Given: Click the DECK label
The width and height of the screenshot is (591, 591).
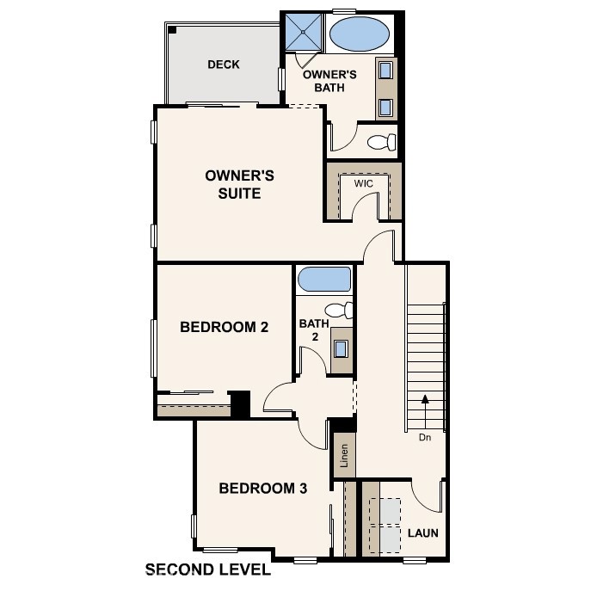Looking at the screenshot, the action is click(x=224, y=65).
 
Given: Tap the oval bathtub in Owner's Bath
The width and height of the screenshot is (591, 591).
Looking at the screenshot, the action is click(x=360, y=34).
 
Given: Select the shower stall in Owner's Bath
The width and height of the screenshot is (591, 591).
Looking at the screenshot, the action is click(x=304, y=32).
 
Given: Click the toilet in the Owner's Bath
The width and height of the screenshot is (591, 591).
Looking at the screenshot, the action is click(x=382, y=142).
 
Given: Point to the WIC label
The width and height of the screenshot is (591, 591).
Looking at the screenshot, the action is click(x=363, y=183).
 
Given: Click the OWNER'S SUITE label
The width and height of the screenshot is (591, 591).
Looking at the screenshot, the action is click(x=240, y=184).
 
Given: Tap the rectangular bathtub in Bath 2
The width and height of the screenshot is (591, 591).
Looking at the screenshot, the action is click(x=324, y=280).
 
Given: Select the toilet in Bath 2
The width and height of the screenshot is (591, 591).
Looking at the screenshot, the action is click(x=339, y=311).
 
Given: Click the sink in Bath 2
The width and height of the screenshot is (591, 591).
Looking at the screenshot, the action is click(x=342, y=348).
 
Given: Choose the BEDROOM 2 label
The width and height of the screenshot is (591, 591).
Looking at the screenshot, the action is click(x=225, y=327).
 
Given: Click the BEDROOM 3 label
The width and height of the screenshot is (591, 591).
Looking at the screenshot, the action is click(x=263, y=489).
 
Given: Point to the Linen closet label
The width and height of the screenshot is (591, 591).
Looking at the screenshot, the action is click(x=344, y=456).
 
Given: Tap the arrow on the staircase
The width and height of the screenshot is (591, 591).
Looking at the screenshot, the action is click(x=425, y=413).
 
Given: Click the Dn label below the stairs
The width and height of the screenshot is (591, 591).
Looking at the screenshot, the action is click(x=425, y=438).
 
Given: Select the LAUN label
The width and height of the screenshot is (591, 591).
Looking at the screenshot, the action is click(x=423, y=533).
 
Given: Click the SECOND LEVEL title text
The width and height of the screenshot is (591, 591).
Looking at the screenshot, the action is click(x=208, y=569).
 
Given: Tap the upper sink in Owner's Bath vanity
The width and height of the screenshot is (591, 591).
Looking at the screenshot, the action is click(x=385, y=70).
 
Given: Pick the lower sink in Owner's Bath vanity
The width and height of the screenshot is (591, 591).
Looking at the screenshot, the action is click(x=385, y=108).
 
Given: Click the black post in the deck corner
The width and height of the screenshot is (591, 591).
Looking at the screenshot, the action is click(x=172, y=29).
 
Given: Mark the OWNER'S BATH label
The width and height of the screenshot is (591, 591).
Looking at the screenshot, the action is click(x=329, y=81).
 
